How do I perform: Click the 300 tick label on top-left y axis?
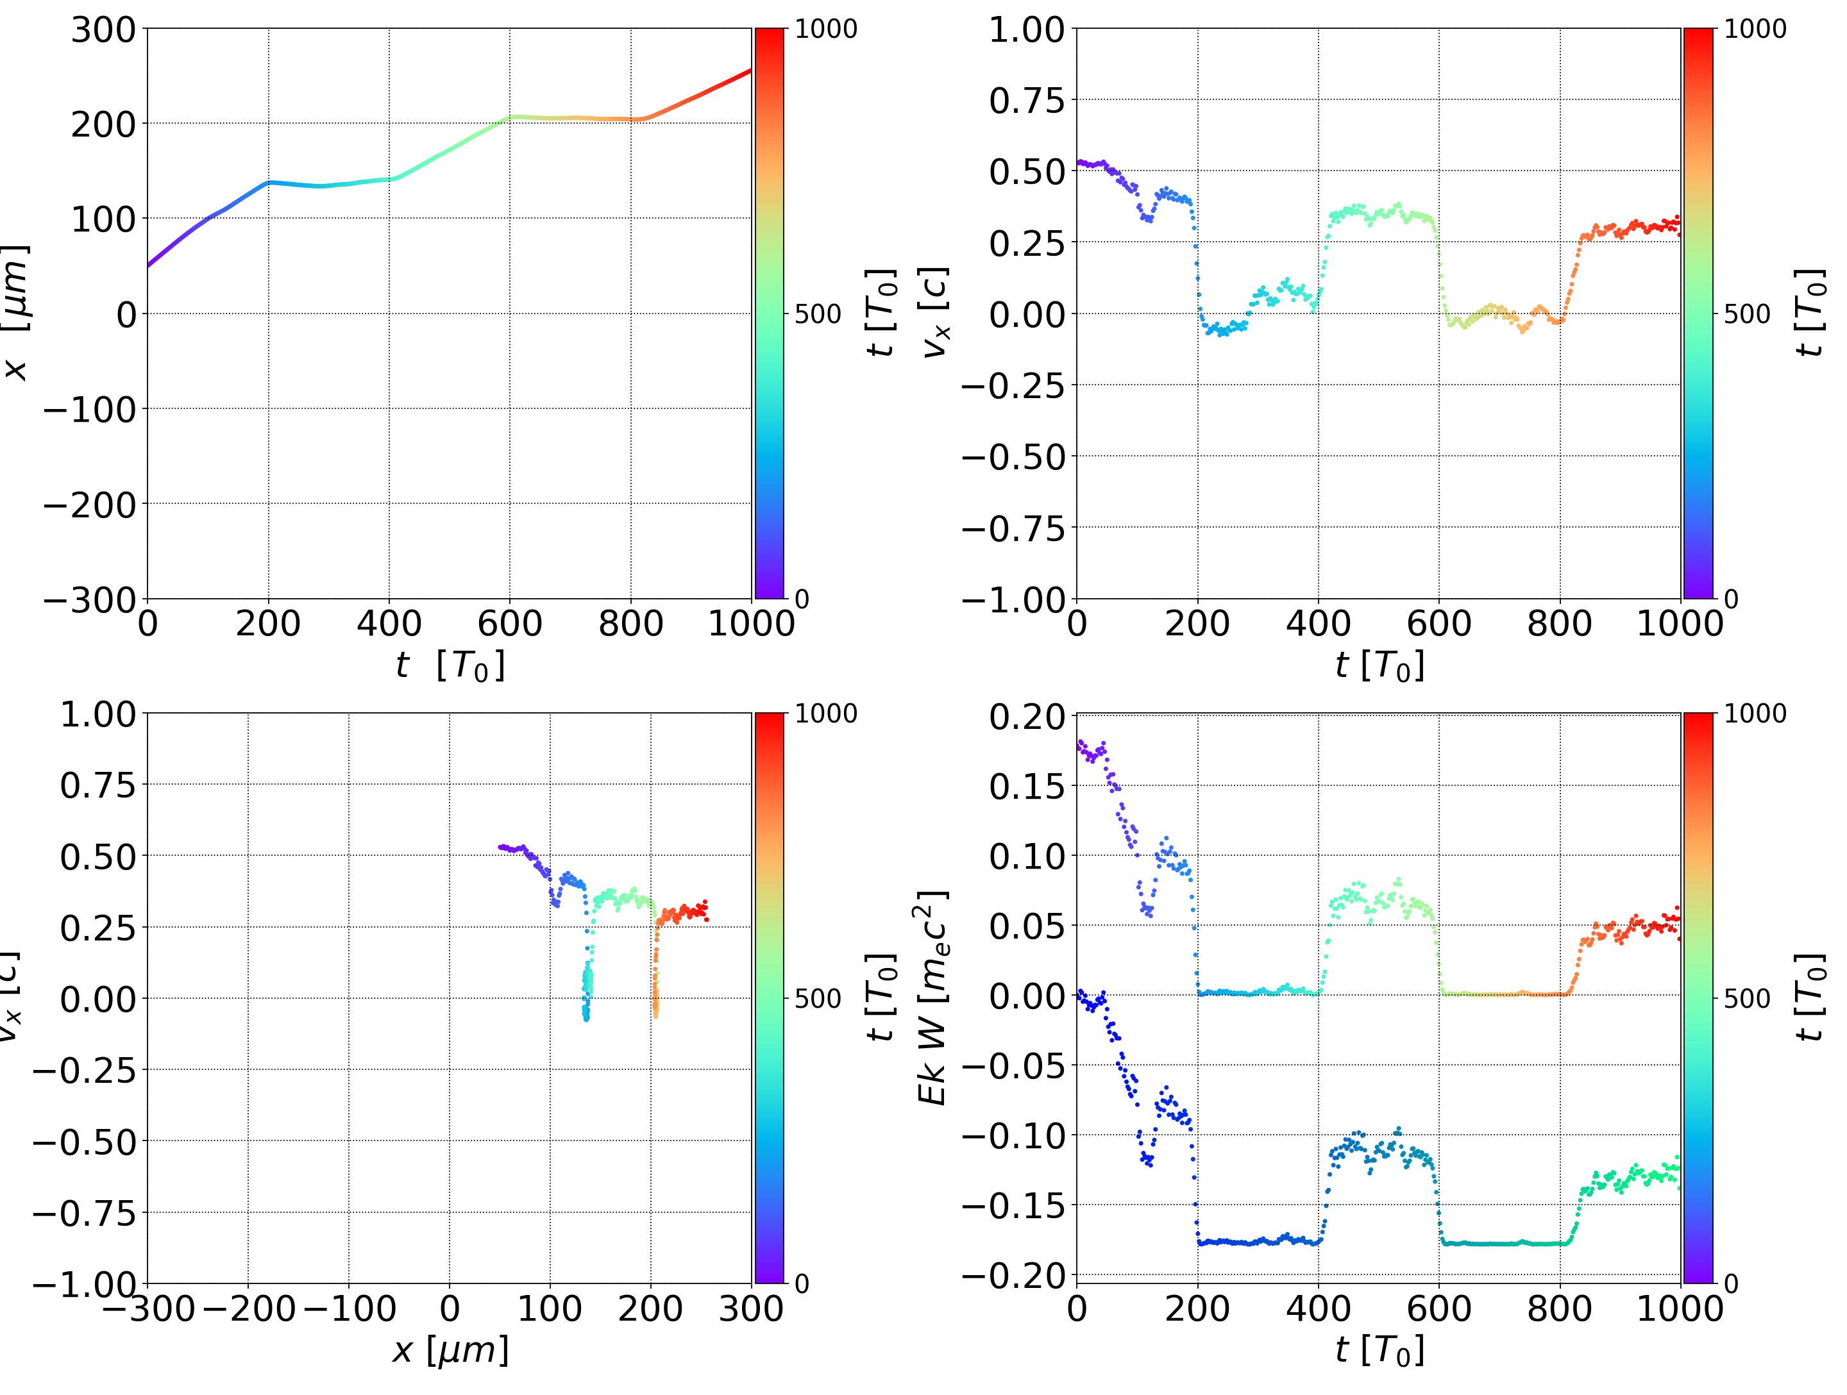(x=103, y=31)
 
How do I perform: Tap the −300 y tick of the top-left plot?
(x=89, y=600)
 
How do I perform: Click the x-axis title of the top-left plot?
(x=450, y=666)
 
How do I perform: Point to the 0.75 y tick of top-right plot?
(x=1027, y=101)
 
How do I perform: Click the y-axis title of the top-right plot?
(x=934, y=313)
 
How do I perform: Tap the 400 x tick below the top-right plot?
(x=1318, y=624)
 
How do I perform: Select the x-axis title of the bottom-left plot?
(x=450, y=1351)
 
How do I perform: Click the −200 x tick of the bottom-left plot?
(x=249, y=1308)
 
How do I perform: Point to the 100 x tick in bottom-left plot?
(x=550, y=1308)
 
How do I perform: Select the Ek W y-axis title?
(x=932, y=998)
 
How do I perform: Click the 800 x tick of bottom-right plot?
(x=1559, y=1308)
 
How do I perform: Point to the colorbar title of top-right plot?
(x=1809, y=313)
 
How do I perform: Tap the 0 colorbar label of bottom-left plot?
(x=802, y=1284)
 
